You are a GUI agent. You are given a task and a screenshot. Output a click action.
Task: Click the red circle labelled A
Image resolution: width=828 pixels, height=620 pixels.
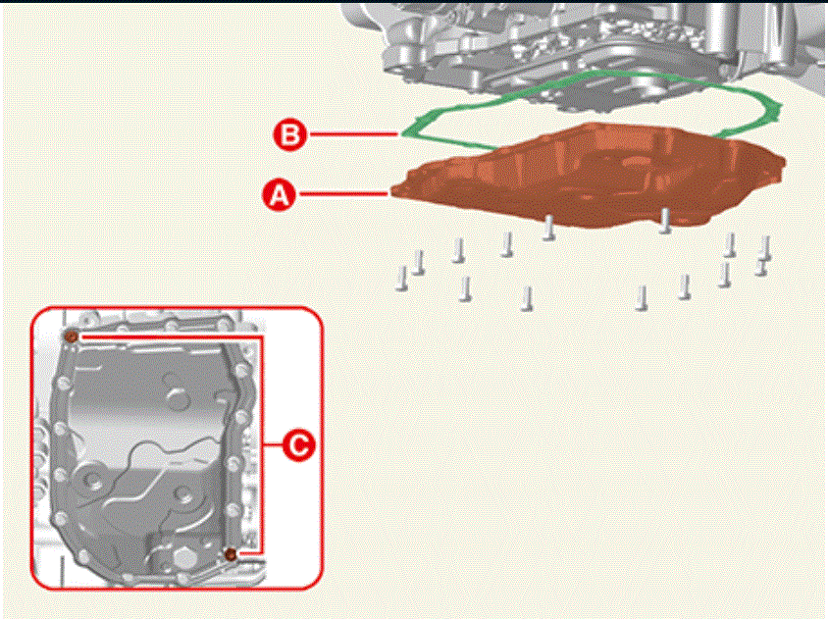click(280, 194)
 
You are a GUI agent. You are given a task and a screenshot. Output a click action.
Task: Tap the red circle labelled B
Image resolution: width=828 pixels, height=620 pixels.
click(290, 134)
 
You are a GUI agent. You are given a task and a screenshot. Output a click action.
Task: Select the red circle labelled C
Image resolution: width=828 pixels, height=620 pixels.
click(299, 445)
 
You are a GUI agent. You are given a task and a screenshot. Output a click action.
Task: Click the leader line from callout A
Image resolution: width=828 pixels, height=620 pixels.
click(344, 194)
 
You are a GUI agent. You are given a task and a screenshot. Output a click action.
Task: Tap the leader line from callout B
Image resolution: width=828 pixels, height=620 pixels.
click(354, 134)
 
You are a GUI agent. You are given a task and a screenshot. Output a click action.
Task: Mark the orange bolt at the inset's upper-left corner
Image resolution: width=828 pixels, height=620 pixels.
click(72, 336)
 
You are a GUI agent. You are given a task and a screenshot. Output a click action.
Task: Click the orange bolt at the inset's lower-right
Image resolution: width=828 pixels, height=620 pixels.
click(231, 554)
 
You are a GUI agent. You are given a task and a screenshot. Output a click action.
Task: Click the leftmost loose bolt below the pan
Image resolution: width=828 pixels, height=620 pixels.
click(402, 279)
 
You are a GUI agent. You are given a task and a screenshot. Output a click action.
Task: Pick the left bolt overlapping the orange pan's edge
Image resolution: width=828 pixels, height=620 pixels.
click(548, 228)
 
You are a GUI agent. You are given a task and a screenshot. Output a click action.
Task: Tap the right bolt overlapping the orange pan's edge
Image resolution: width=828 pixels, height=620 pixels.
click(665, 220)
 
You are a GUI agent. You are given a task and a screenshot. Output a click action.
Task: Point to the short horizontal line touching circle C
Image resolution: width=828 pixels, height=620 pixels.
click(272, 445)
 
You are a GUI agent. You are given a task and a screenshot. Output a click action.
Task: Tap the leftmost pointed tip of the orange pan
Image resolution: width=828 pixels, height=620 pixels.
click(391, 191)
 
